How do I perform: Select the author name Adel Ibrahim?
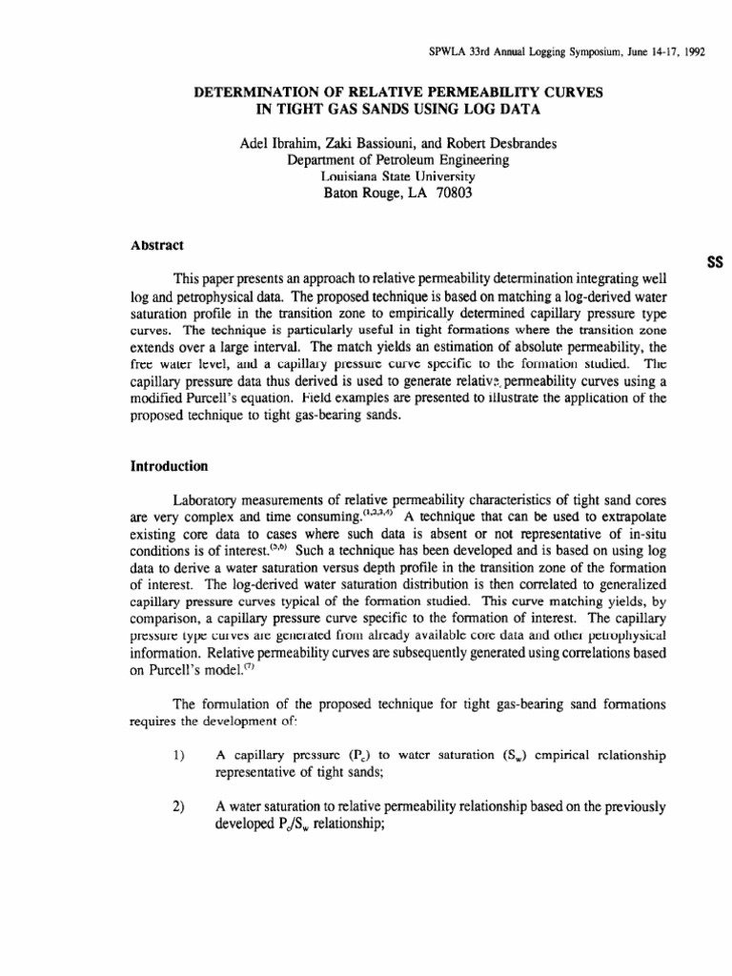click(x=275, y=144)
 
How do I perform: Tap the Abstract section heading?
click(x=157, y=245)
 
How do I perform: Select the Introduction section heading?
click(x=169, y=467)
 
